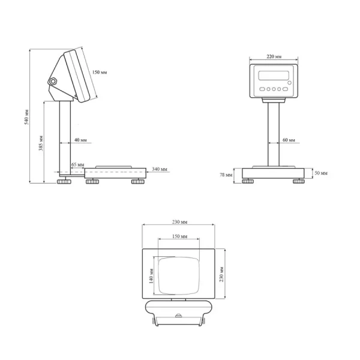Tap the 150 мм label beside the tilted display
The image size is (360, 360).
(x=100, y=73)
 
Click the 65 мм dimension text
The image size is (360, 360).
(x=77, y=163)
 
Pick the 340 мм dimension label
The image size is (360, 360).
(x=160, y=169)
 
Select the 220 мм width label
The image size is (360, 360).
(x=274, y=56)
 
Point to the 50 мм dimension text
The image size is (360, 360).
(x=322, y=173)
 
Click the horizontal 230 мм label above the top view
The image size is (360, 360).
(x=178, y=221)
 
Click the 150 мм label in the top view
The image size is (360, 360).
(x=178, y=237)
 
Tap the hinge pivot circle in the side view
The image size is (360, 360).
(x=53, y=80)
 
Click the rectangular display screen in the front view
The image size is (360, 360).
(x=272, y=77)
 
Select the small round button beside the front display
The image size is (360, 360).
(x=290, y=82)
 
